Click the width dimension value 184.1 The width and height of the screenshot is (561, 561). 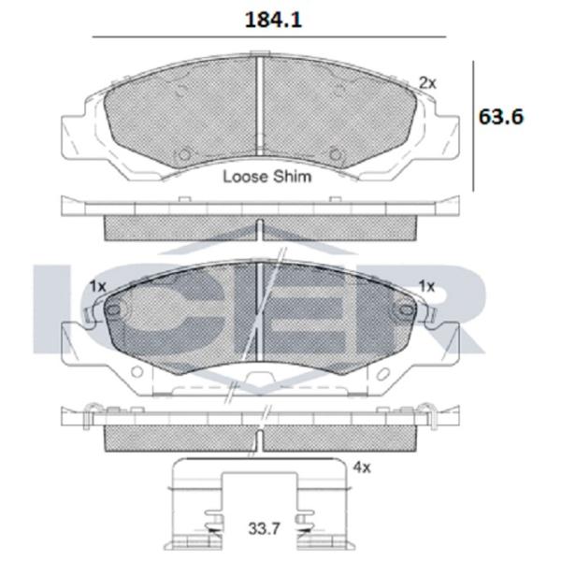[x=273, y=20]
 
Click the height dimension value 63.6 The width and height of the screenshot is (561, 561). [x=501, y=116]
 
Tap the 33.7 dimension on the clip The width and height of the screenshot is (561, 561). [x=264, y=528]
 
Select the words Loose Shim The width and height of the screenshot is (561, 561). [x=267, y=177]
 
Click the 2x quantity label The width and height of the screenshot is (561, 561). [x=428, y=83]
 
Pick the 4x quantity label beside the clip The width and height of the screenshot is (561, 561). [x=362, y=467]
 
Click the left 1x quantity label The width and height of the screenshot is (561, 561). [x=97, y=286]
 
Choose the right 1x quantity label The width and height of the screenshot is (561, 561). [x=427, y=286]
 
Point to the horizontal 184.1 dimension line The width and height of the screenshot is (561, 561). [x=269, y=36]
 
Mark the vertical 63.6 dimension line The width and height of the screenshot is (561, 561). [x=474, y=126]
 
